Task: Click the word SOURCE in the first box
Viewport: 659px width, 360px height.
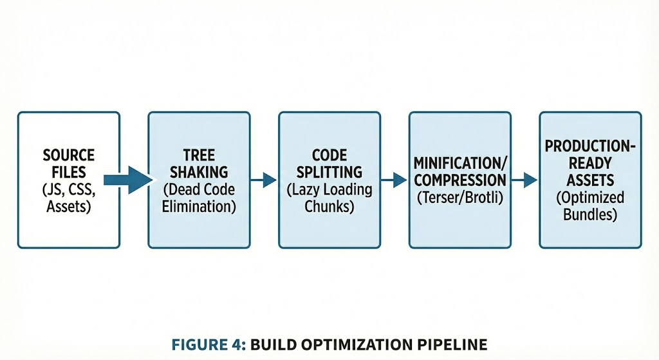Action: tap(68, 155)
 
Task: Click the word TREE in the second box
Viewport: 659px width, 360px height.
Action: tap(199, 155)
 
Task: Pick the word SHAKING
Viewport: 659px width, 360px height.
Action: tap(199, 172)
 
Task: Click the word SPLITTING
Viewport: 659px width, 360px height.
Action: tap(329, 172)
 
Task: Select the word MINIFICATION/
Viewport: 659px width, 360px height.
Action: tap(460, 163)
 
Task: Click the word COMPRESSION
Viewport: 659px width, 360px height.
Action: tap(460, 180)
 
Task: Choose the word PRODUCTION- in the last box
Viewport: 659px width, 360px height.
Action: tap(590, 146)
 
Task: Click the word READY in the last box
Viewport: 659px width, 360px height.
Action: tap(590, 163)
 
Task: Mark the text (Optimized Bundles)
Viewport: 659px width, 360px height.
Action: tap(590, 205)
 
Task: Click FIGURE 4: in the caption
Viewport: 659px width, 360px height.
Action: tap(207, 344)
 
